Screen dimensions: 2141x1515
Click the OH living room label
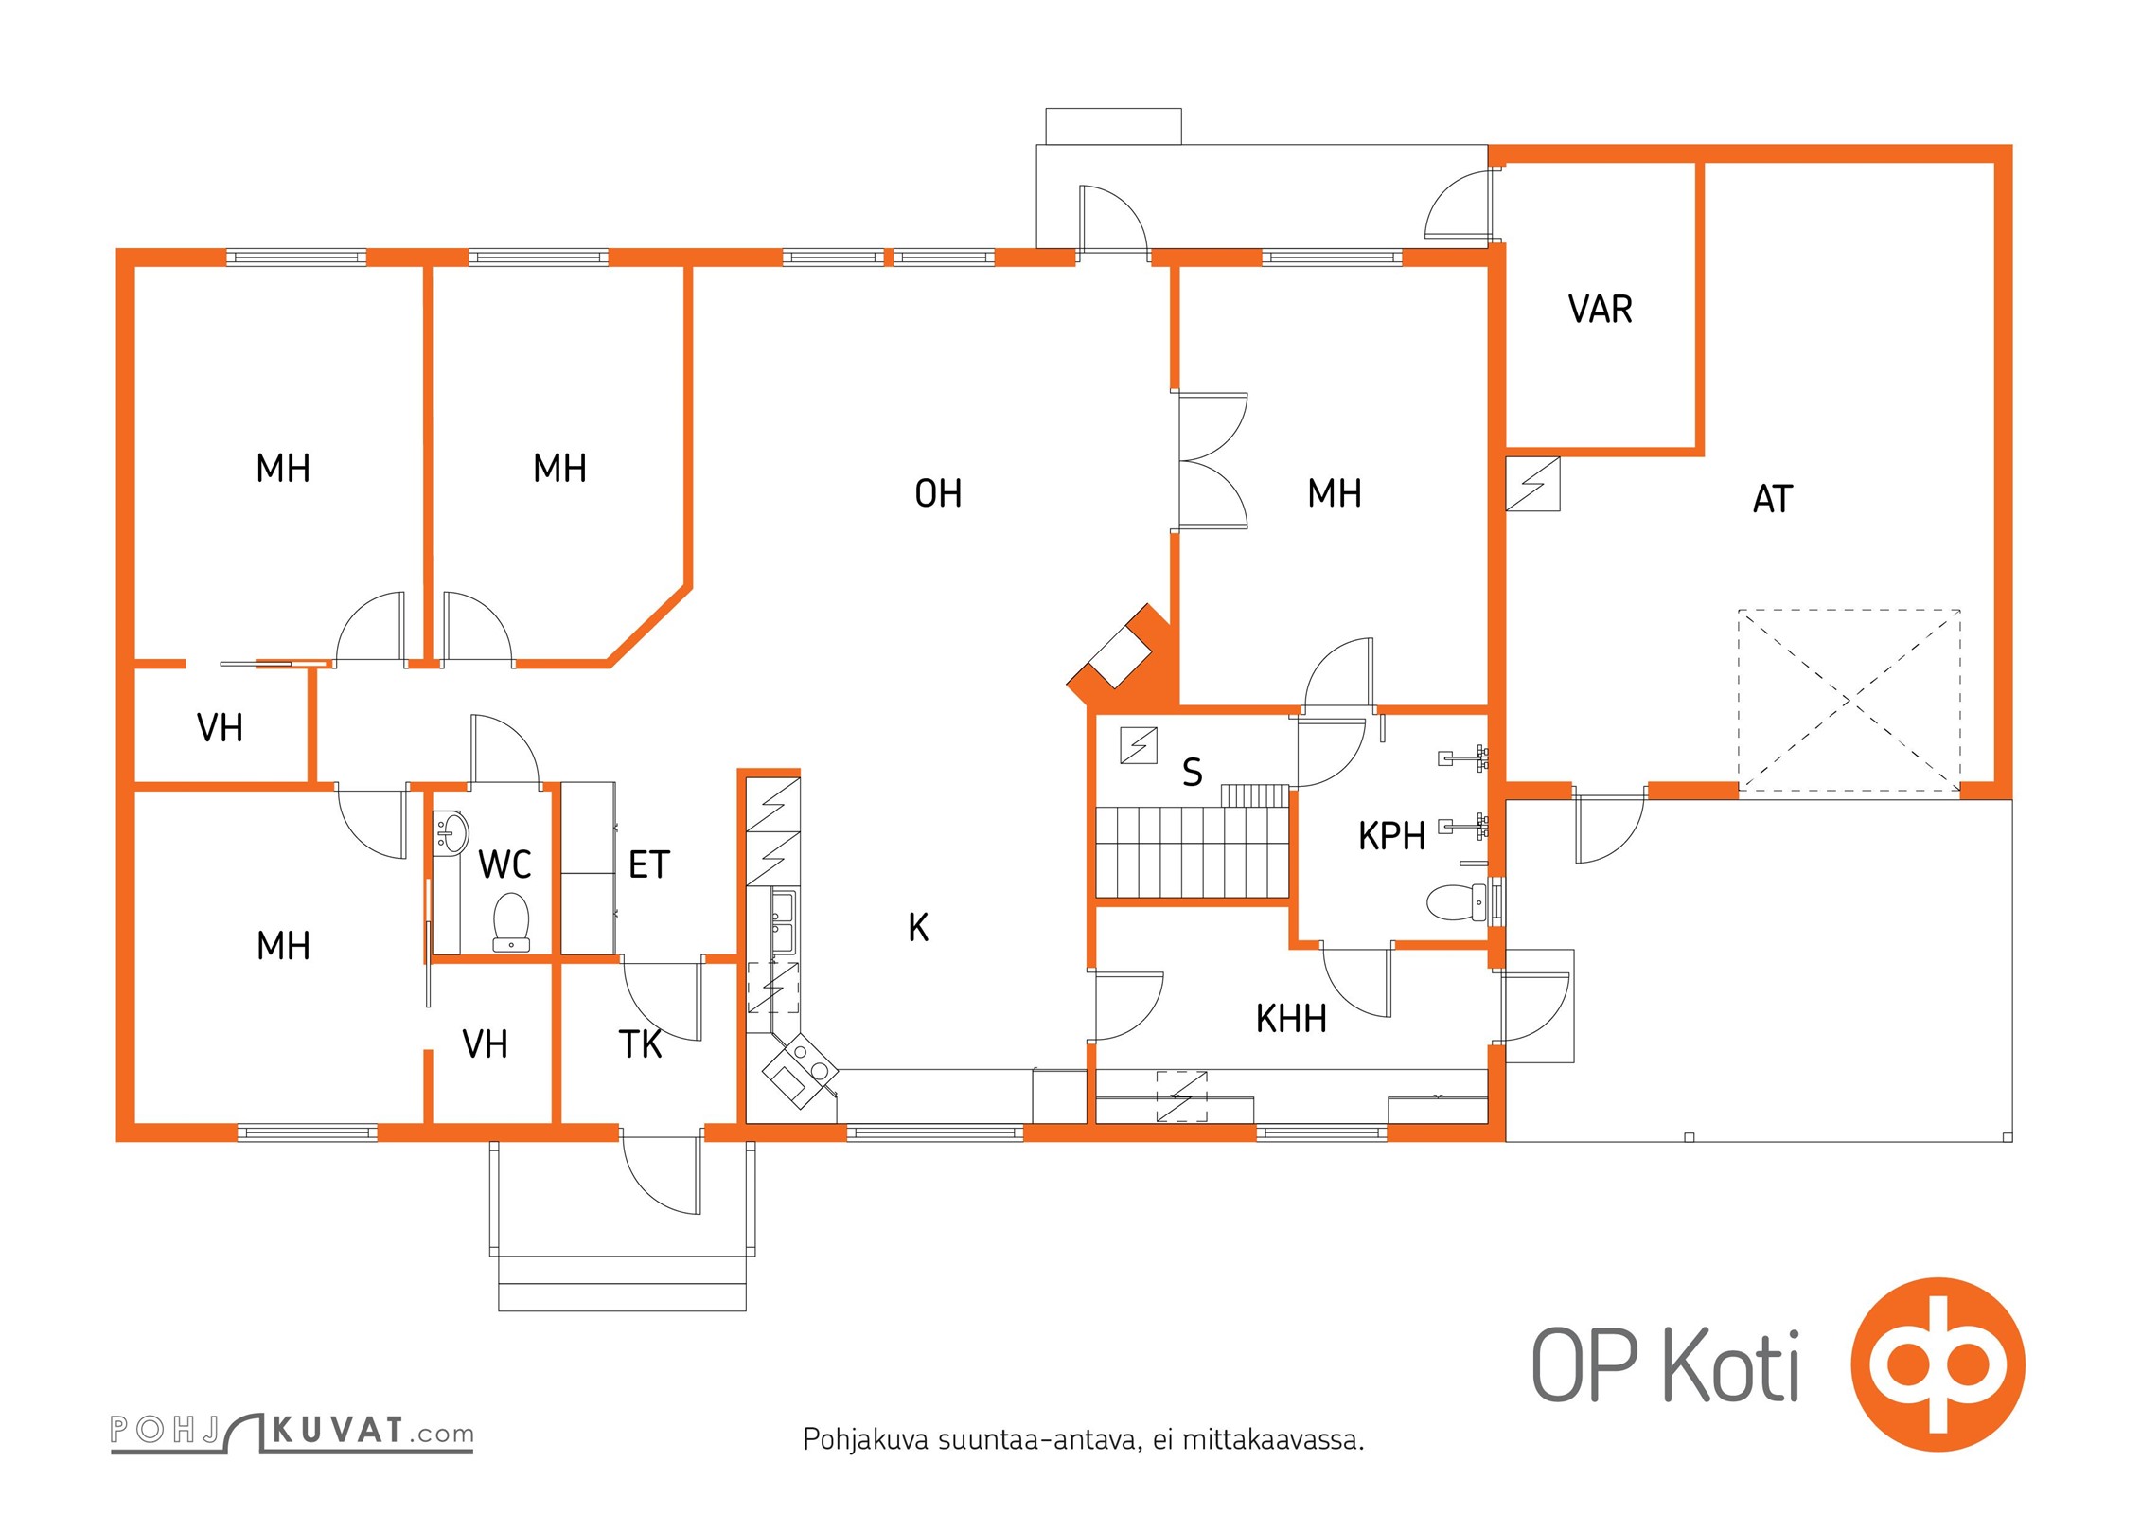pyautogui.click(x=938, y=493)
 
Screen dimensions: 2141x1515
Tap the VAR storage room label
pyautogui.click(x=1601, y=310)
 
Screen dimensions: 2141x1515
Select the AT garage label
pyautogui.click(x=1773, y=499)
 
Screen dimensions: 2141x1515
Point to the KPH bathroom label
pyautogui.click(x=1391, y=836)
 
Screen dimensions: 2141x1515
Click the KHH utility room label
pyautogui.click(x=1291, y=1019)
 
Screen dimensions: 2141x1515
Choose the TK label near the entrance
pyautogui.click(x=640, y=1044)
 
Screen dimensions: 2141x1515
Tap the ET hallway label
pyautogui.click(x=649, y=864)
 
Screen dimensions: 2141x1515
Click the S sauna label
pyautogui.click(x=1193, y=773)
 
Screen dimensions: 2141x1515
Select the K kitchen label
pyautogui.click(x=918, y=928)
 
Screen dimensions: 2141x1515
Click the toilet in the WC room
pyautogui.click(x=512, y=921)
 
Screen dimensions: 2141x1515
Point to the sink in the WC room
pyautogui.click(x=451, y=832)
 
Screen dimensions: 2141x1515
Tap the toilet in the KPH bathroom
pyautogui.click(x=1457, y=902)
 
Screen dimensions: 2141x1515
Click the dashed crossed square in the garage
pyautogui.click(x=1849, y=700)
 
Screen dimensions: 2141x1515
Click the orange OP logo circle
pyautogui.click(x=1938, y=1364)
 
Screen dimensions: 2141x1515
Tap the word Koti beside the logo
pyautogui.click(x=1731, y=1366)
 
